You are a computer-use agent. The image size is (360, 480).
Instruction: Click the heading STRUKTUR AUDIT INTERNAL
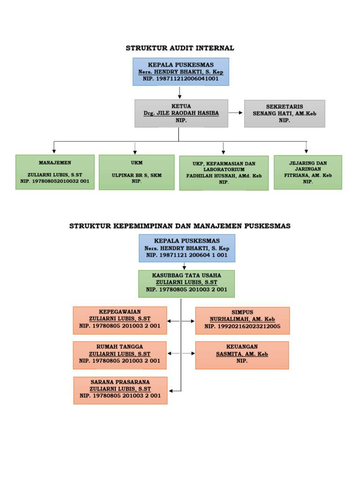coord(180,48)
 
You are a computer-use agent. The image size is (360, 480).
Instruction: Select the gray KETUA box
coord(181,113)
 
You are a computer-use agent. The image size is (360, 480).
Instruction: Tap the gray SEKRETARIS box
coord(285,113)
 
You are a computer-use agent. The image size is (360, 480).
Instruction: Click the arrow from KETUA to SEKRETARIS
coord(236,113)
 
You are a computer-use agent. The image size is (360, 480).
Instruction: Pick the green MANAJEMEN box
coord(55,172)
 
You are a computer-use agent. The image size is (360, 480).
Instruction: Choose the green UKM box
coord(136,172)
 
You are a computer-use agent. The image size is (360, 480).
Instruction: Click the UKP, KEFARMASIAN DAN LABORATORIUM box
coord(224,173)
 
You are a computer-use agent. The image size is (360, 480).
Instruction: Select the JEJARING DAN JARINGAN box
coord(307,172)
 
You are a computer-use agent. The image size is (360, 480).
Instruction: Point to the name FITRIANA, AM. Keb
coord(307,175)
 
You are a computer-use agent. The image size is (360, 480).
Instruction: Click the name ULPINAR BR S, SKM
coord(136,175)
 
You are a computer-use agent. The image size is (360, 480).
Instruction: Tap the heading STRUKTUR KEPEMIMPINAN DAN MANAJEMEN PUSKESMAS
coord(180,226)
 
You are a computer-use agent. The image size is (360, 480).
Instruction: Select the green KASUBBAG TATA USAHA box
coord(187,283)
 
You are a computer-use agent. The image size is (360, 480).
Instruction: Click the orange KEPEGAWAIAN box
coord(120,320)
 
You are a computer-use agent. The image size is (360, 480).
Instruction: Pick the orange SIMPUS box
coord(242,320)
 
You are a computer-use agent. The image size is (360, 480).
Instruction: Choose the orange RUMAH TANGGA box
coord(120,355)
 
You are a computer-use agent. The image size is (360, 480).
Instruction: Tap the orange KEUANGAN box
coord(242,355)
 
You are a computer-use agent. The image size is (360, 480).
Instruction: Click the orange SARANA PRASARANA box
coord(120,390)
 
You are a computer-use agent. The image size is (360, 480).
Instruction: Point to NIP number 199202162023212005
coord(242,326)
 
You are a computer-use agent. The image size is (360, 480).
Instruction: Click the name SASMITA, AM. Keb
coord(242,354)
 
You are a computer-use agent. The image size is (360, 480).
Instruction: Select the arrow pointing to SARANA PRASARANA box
coord(174,390)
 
